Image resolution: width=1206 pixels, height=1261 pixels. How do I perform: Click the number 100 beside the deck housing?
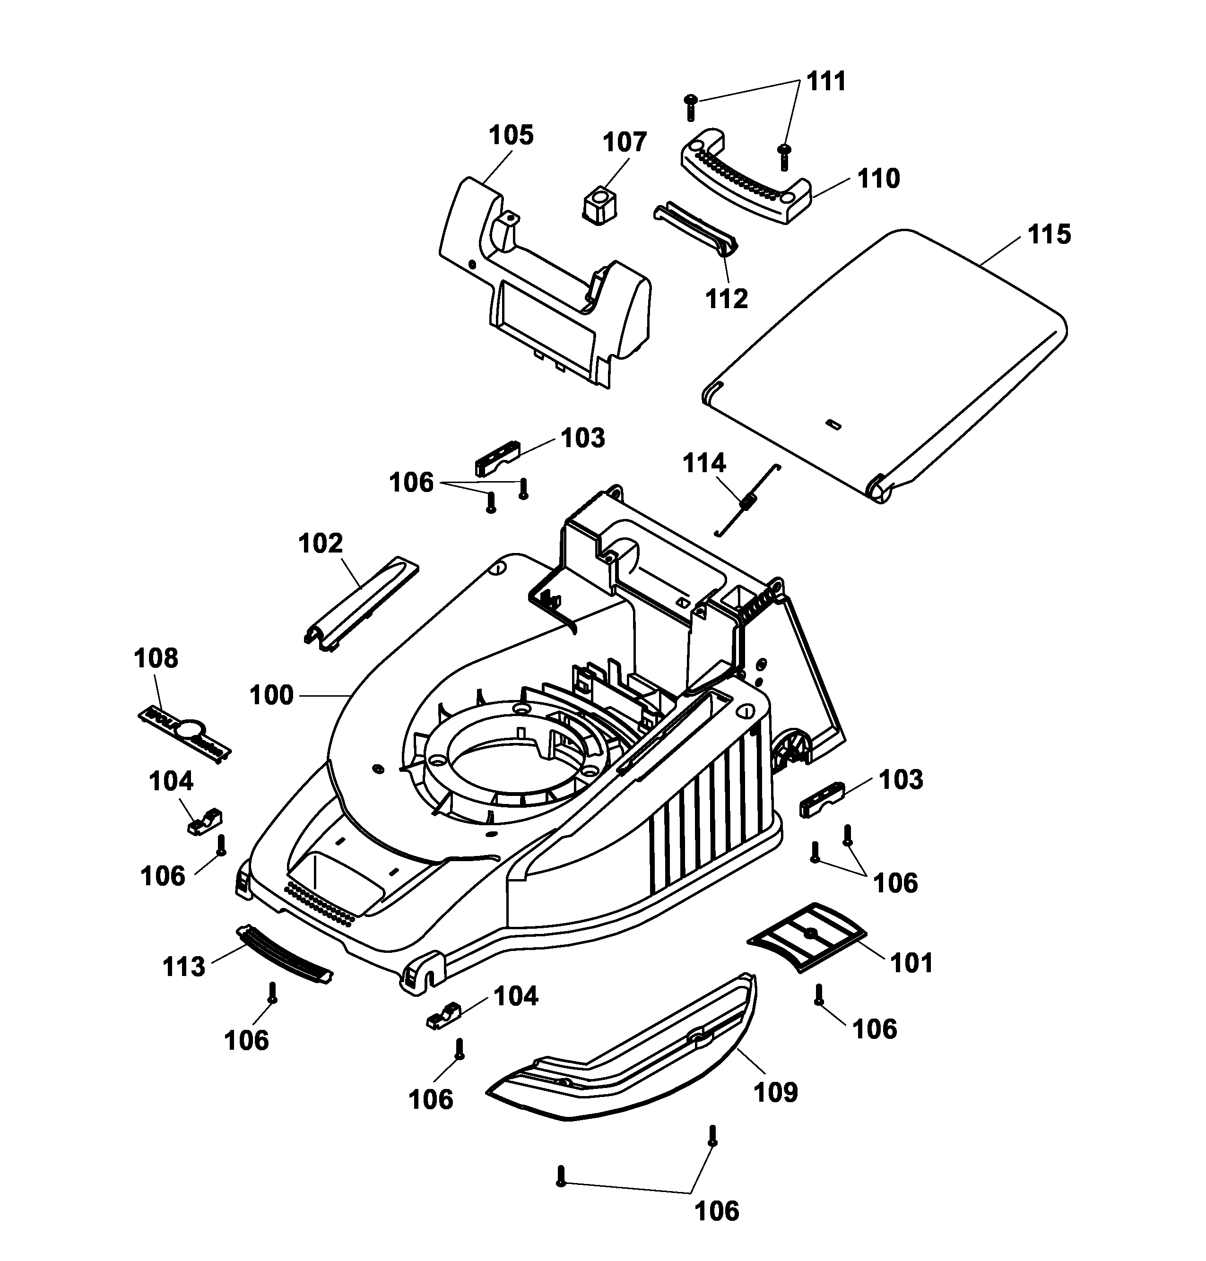271,695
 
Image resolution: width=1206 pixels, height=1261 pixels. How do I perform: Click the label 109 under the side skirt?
775,1091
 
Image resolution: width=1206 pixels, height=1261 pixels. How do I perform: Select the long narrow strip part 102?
361,604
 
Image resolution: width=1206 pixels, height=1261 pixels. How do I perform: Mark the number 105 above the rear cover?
511,136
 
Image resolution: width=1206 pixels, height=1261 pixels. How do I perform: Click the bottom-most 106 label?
718,1211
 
